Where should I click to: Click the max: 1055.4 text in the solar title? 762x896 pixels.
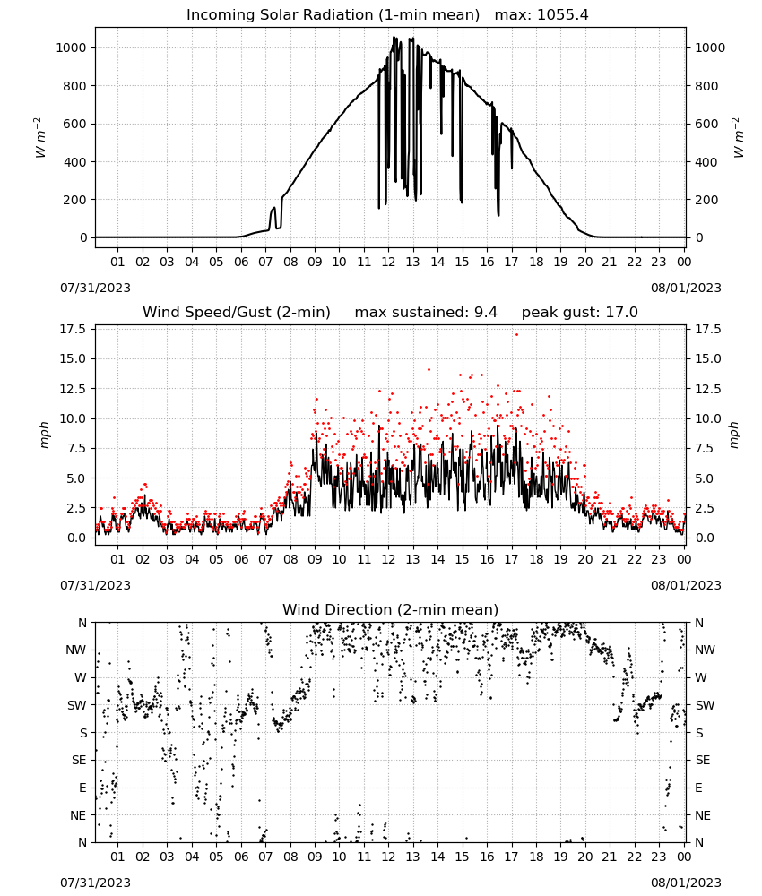541,15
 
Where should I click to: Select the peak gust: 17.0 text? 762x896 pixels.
580,313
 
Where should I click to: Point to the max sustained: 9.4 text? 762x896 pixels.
426,313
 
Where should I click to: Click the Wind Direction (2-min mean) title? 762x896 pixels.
391,609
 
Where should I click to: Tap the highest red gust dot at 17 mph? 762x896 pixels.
516,335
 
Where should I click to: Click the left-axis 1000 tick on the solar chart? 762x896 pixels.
72,48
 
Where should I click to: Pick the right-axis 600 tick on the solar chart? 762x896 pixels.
706,124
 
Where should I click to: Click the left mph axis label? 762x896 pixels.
44,435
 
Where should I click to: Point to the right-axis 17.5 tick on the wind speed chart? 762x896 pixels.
707,329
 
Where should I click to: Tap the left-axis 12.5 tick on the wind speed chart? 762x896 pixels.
74,389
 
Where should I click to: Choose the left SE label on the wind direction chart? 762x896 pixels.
79,760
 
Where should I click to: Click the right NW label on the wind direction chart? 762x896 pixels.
705,650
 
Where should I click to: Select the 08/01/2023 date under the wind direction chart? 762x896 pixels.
686,883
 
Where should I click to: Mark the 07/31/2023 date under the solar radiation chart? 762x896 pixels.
95,288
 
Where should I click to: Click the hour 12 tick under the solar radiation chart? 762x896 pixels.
388,262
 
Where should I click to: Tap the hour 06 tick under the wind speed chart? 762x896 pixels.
241,559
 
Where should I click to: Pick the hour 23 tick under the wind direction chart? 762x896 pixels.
659,857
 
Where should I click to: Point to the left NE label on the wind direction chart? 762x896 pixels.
78,815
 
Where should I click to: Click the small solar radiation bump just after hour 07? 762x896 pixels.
273,217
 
